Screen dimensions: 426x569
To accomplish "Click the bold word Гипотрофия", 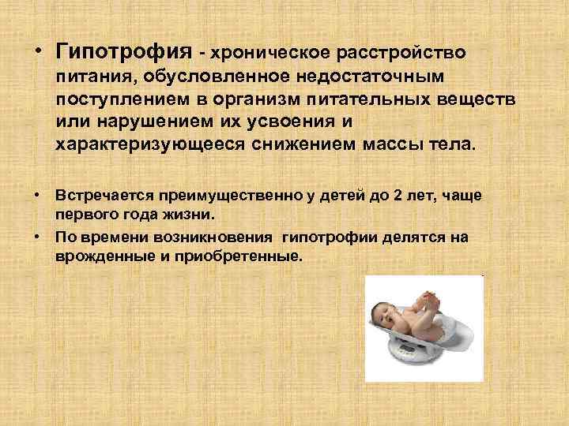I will point(123,52).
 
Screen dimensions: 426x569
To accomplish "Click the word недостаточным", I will point(369,77).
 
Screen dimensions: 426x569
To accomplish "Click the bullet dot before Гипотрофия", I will point(37,53).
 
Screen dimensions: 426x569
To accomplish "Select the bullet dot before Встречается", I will point(37,195).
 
